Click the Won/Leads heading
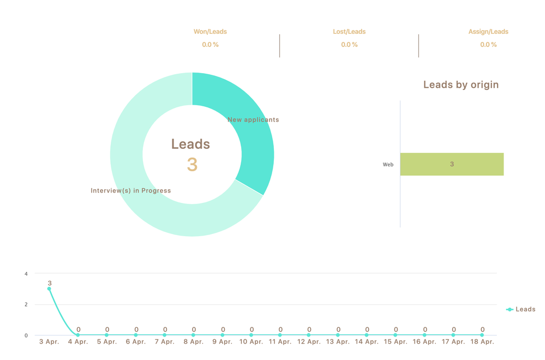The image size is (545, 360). tap(210, 32)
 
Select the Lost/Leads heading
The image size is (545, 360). tap(349, 32)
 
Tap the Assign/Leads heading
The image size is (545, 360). tap(488, 32)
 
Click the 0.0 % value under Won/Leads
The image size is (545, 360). tap(210, 45)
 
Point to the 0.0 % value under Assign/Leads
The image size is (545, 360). tap(488, 45)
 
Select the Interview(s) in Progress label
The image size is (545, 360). tap(131, 191)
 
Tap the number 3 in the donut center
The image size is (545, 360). tap(192, 165)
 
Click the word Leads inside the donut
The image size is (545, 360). tap(190, 144)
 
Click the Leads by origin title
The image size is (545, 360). tap(461, 85)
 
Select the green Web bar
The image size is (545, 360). tap(452, 164)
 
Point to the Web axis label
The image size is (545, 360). tap(388, 164)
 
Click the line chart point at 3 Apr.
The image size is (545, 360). tap(49, 289)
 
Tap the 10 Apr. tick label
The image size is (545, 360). tap(251, 342)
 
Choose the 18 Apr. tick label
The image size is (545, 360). tap(482, 342)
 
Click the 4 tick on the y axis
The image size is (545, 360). tap(26, 273)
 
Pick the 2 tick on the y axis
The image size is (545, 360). tap(26, 304)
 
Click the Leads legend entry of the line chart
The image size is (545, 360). tap(521, 309)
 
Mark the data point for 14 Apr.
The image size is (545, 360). tap(367, 335)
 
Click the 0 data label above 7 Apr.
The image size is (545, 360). tap(165, 329)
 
